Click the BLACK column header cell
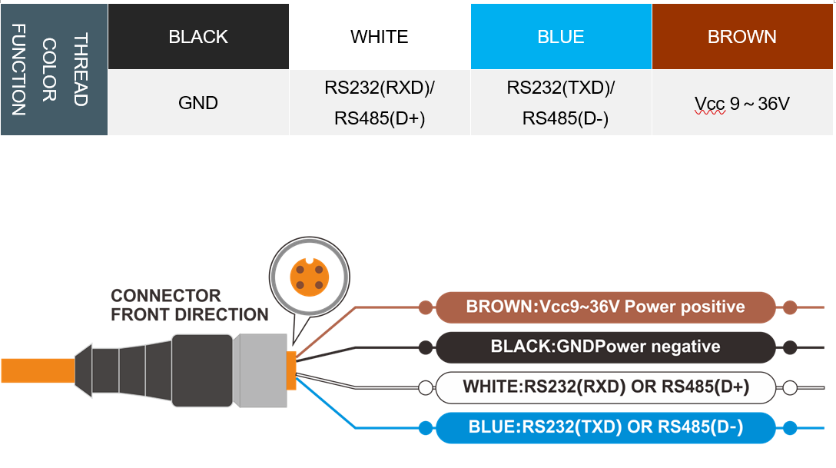198,37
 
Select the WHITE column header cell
380,37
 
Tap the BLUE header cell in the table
561,37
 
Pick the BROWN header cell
742,37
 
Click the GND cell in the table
198,103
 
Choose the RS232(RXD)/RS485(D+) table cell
380,103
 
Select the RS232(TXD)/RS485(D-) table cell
561,103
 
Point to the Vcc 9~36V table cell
742,103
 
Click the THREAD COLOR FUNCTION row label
54,69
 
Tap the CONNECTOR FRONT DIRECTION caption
189,305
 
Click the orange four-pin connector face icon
310,277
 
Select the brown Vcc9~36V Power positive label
605,307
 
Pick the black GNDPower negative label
605,347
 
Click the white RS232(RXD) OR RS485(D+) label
605,387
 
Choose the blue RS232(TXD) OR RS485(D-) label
605,427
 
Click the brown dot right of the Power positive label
790,307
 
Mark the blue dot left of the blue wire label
425,427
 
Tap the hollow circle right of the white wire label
790,387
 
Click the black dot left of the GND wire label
425,347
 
